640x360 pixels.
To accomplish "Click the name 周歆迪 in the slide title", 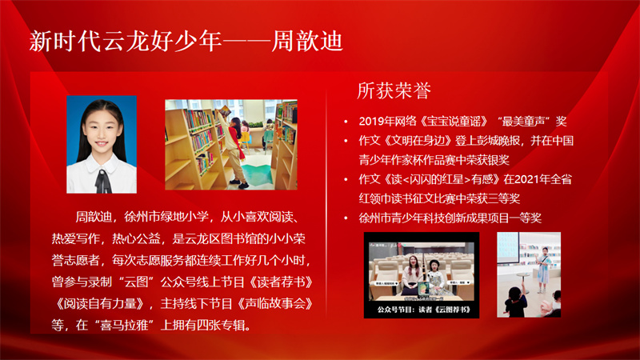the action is click(x=307, y=41).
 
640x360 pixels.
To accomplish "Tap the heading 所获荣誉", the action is click(x=394, y=90).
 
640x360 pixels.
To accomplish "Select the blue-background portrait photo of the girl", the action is click(x=102, y=145).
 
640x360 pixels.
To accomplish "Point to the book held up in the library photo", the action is click(x=225, y=110).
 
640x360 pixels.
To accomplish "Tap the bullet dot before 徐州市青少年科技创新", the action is click(x=346, y=218).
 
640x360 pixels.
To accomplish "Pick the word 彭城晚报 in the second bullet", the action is click(x=499, y=141).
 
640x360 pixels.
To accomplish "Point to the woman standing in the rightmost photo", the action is click(x=544, y=270).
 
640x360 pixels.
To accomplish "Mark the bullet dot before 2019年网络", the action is click(x=346, y=122).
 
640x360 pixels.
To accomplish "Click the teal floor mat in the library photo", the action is click(x=257, y=174).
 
